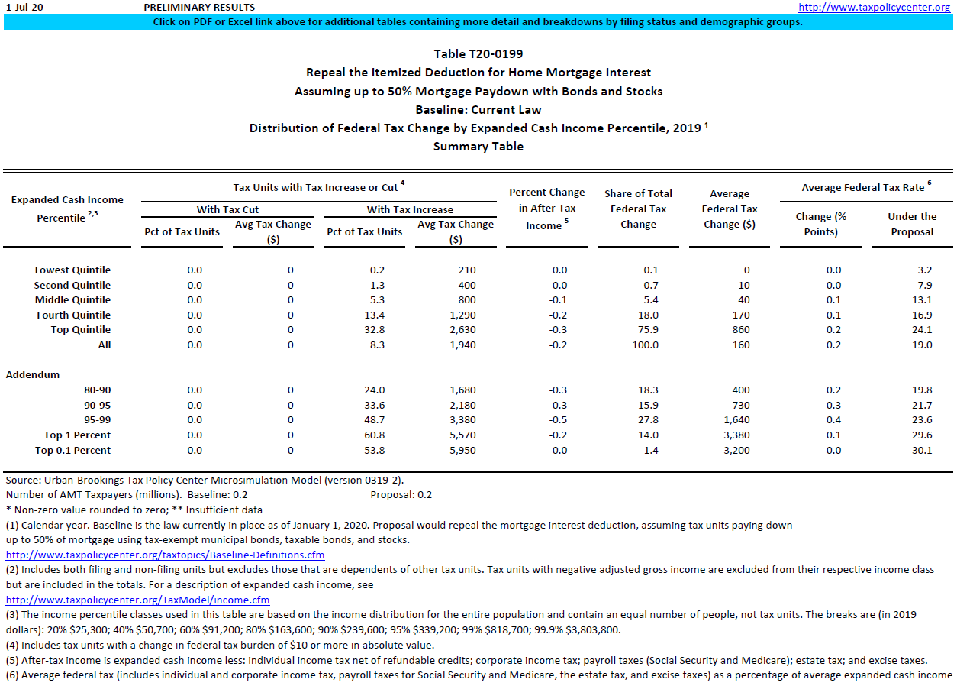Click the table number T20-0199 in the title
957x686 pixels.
478,53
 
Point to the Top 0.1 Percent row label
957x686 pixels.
72,451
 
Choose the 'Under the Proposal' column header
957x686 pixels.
912,224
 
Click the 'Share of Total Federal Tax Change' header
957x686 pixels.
638,209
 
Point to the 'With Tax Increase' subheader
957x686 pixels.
410,209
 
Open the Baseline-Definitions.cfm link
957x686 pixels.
166,555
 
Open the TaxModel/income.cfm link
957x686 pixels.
138,600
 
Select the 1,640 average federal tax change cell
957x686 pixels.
737,420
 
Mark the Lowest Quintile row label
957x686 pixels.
72,270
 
